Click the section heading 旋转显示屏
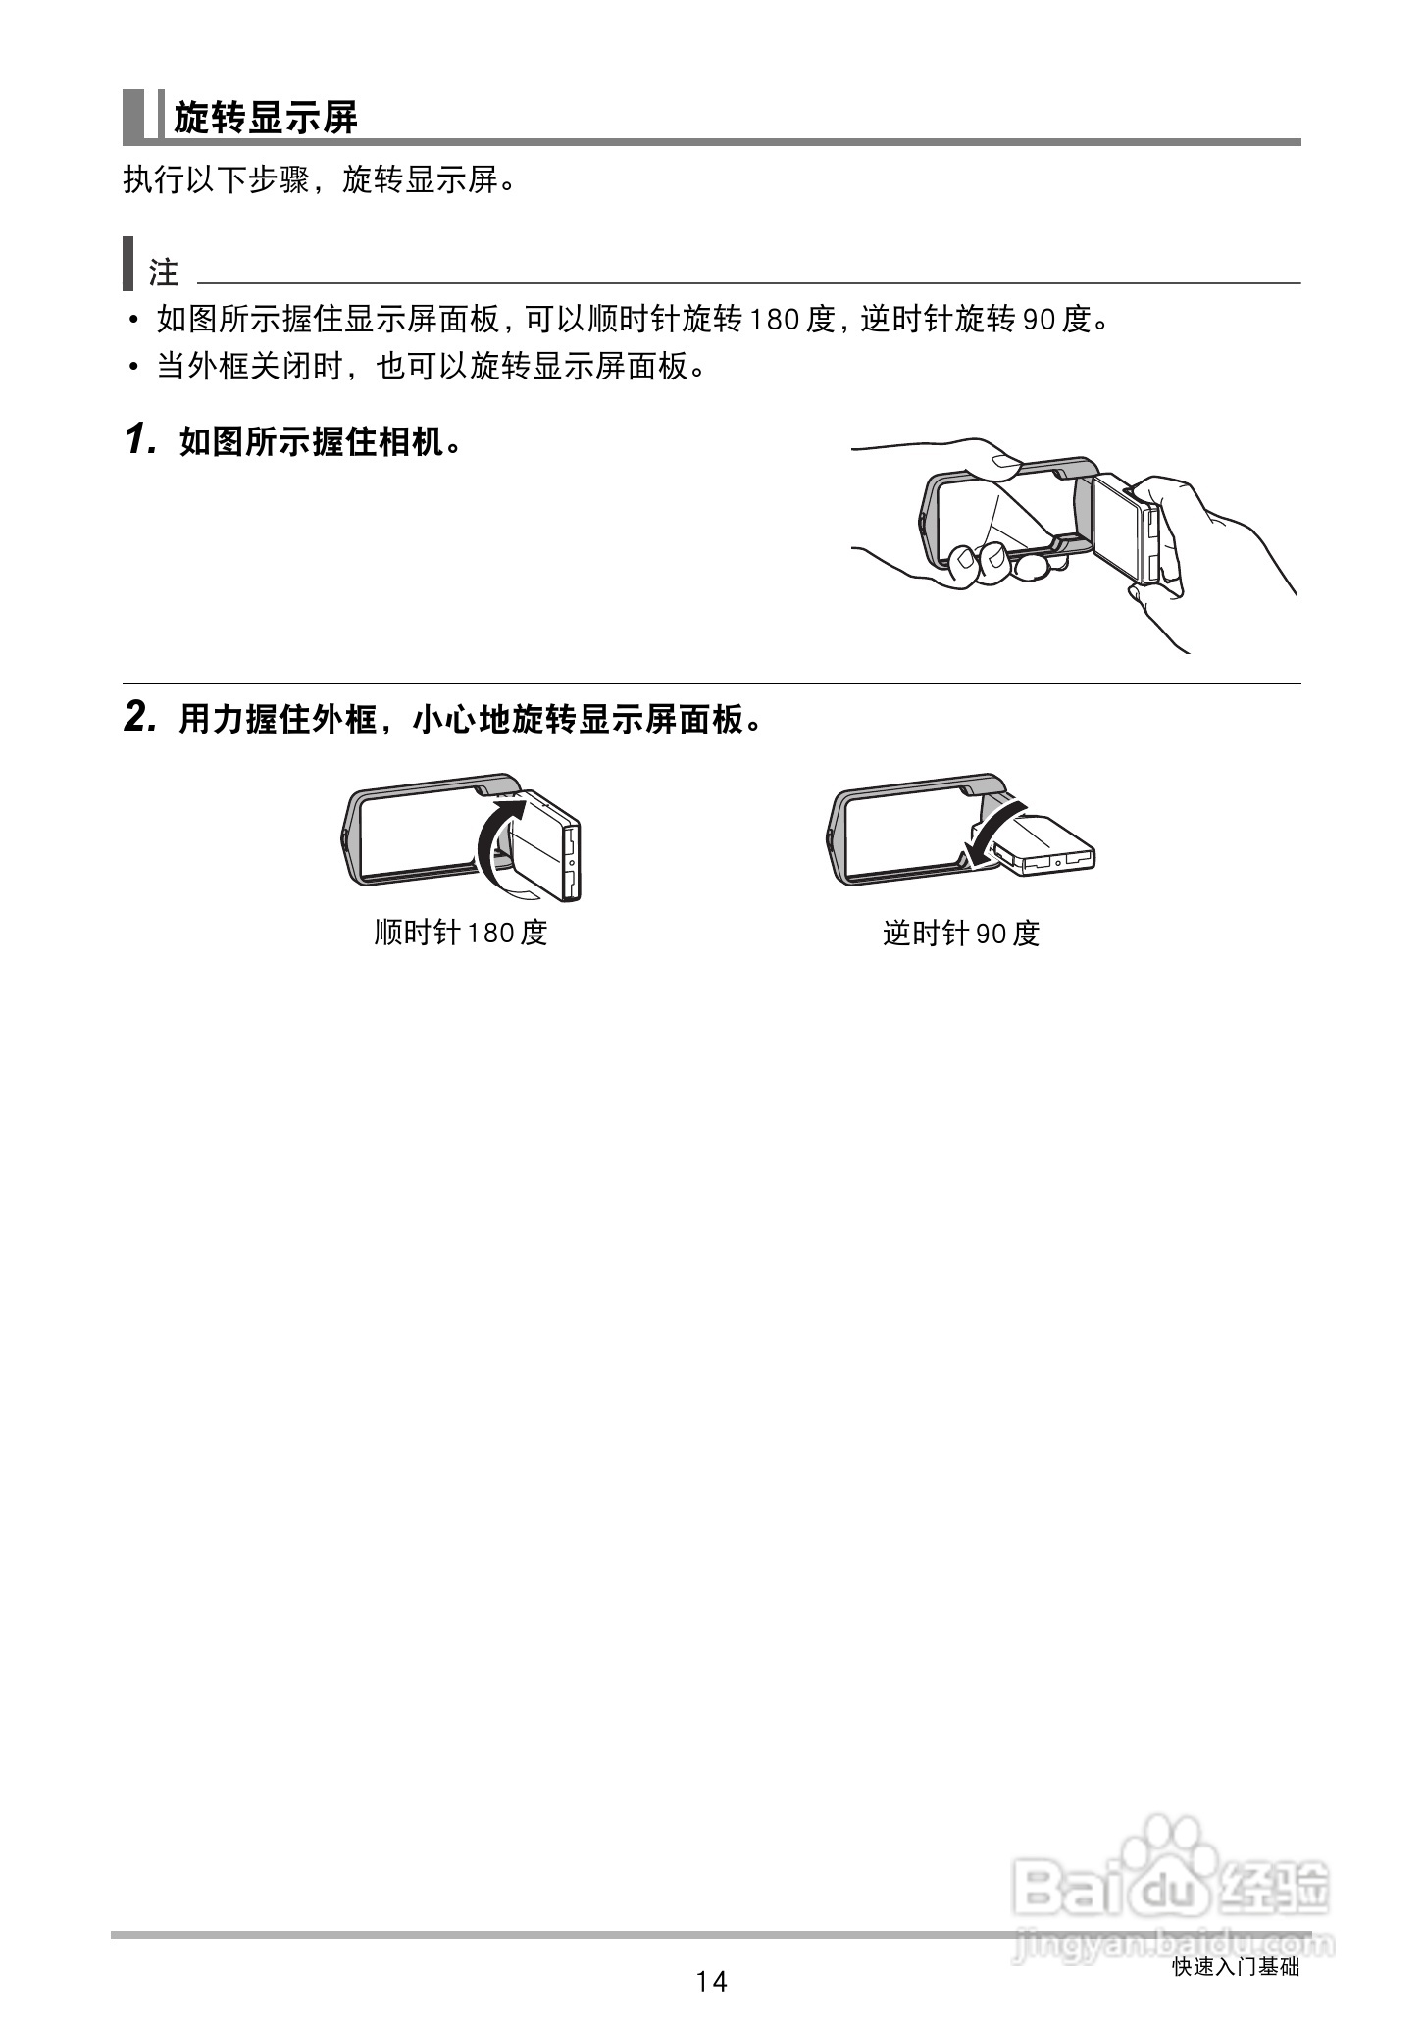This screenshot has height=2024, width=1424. [x=266, y=118]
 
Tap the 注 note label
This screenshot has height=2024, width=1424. [x=163, y=272]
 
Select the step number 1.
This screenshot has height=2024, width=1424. [x=138, y=441]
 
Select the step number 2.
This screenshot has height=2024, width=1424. [x=138, y=719]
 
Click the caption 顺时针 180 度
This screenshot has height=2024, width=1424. [x=460, y=932]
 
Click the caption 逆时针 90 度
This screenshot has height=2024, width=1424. [x=960, y=933]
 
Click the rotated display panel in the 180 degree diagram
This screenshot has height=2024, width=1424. [x=544, y=843]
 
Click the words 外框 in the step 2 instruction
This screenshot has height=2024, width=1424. [x=343, y=721]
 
